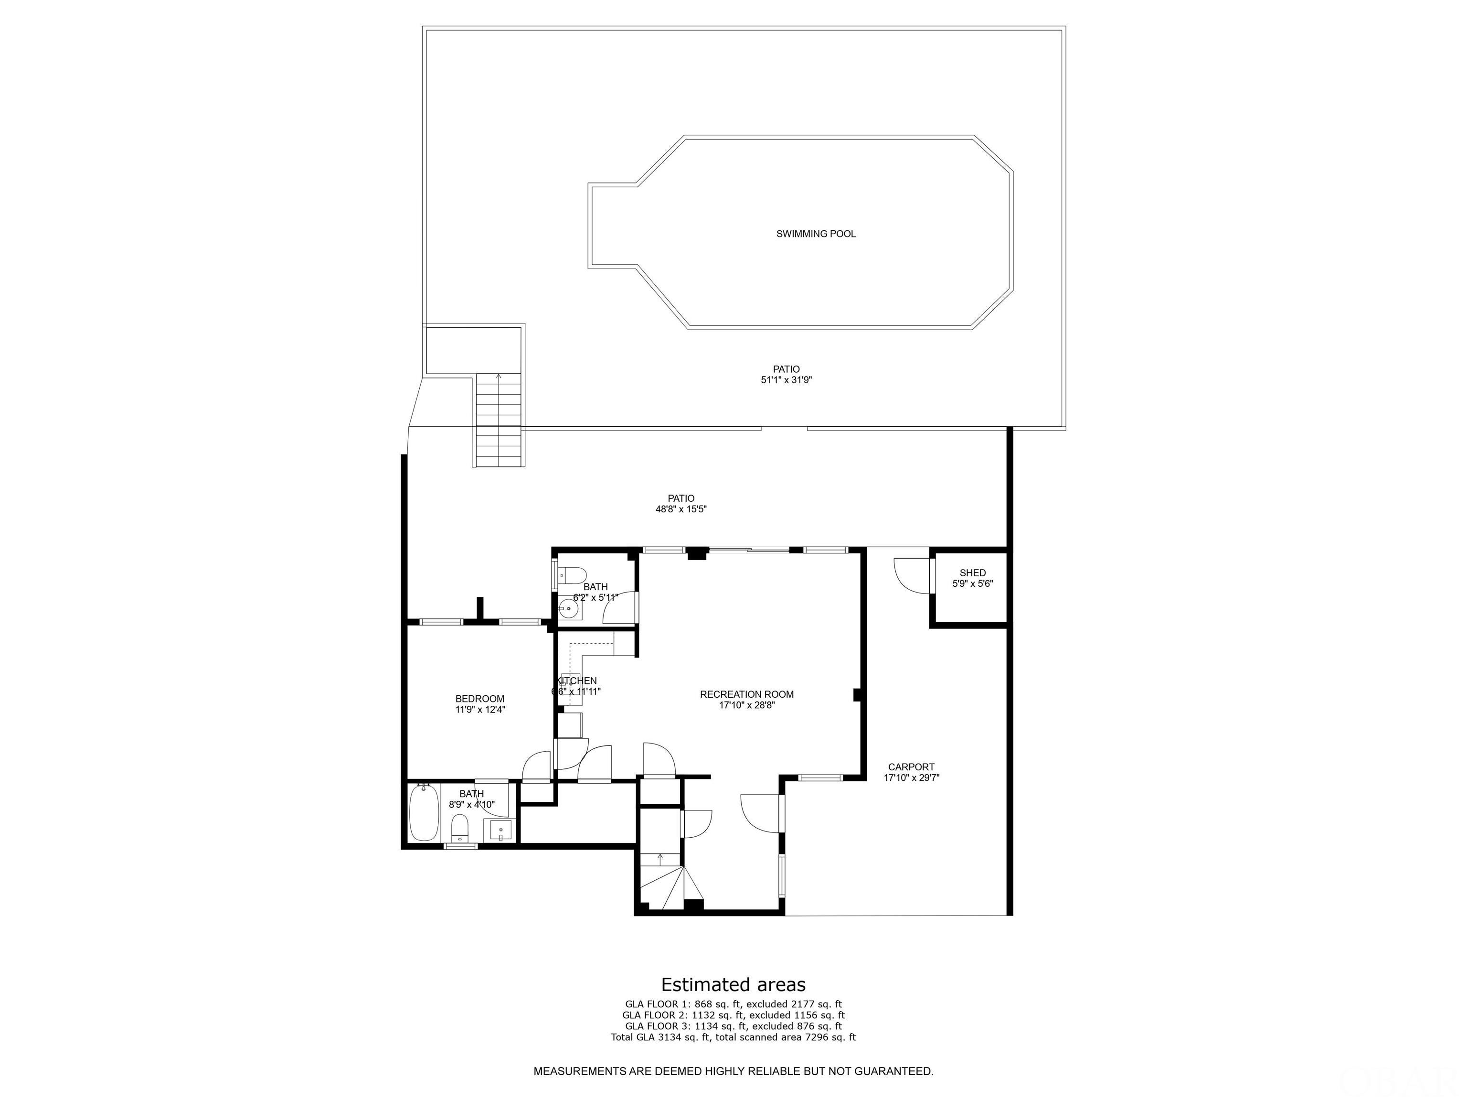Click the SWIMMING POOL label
click(816, 234)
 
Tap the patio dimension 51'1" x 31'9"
click(786, 380)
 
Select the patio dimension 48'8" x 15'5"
click(681, 510)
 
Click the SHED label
click(972, 573)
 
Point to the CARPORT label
click(911, 766)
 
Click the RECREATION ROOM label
click(747, 694)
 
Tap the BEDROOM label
click(479, 698)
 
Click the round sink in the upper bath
click(568, 608)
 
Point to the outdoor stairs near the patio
click(499, 420)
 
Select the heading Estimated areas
click(733, 984)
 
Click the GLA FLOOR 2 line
click(733, 1015)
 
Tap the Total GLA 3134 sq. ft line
click(733, 1036)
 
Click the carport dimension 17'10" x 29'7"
click(911, 778)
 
